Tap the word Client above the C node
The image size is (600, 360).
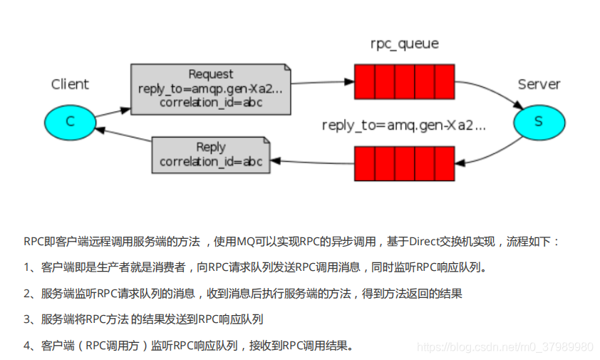pos(70,84)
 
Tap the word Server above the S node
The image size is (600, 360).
pos(539,84)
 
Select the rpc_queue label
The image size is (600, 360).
pos(404,43)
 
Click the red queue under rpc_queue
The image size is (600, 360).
pos(404,81)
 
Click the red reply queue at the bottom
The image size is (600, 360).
pos(404,163)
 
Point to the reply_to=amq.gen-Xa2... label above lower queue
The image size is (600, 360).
pos(403,125)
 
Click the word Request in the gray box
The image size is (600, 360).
pos(210,74)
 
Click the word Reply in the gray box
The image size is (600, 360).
pos(210,147)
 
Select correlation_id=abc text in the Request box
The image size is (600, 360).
pos(210,103)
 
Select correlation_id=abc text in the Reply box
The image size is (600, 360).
pos(210,162)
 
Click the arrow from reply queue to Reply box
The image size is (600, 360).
pos(314,163)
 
